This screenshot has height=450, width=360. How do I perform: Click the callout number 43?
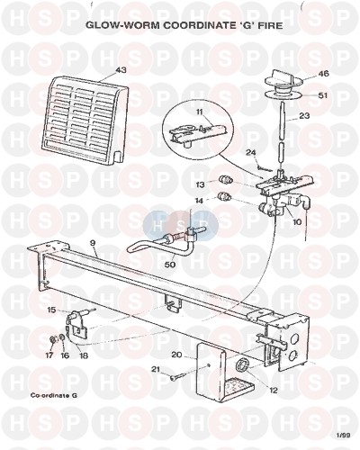coord(121,70)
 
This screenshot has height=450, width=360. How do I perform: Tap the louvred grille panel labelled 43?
coord(86,121)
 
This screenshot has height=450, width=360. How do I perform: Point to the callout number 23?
coord(304,115)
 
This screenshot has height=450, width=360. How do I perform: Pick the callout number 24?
coord(251,153)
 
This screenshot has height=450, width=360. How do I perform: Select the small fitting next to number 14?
coord(224,196)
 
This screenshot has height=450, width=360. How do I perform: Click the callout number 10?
coord(297,222)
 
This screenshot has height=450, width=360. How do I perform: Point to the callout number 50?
coord(170,265)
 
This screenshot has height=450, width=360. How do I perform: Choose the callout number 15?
coord(51,310)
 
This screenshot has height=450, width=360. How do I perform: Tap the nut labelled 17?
coord(52,340)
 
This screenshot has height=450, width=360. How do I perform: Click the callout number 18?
coord(84,355)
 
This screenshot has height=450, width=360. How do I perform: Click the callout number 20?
coord(177,355)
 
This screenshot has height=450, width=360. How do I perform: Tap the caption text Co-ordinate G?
coord(54,395)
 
